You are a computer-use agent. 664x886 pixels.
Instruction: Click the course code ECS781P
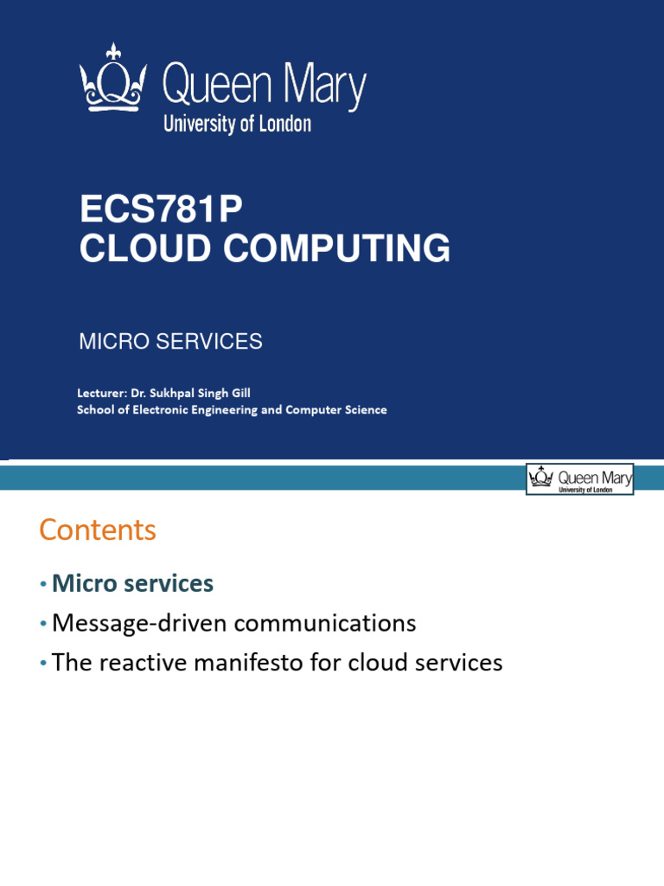click(x=161, y=210)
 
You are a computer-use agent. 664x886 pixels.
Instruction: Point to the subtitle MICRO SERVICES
click(x=170, y=342)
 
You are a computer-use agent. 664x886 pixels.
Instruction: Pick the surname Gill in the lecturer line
click(x=239, y=393)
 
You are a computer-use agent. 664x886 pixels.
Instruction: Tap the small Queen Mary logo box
click(x=579, y=478)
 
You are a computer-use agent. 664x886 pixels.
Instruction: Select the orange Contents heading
click(x=98, y=530)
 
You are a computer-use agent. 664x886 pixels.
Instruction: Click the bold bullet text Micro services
click(x=132, y=583)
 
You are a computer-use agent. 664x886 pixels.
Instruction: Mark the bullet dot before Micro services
click(x=42, y=585)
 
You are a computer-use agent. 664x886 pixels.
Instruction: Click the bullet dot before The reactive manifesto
click(x=42, y=664)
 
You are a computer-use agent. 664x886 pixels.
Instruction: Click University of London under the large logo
click(x=237, y=124)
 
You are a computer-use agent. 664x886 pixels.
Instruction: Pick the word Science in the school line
click(x=365, y=410)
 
